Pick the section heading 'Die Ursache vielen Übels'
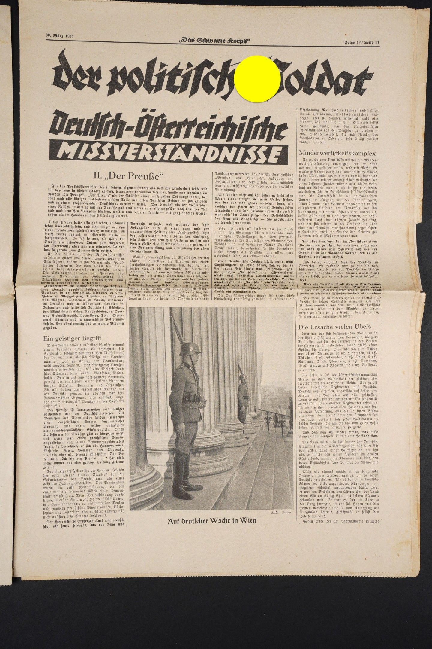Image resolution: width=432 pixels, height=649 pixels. [335, 326]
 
